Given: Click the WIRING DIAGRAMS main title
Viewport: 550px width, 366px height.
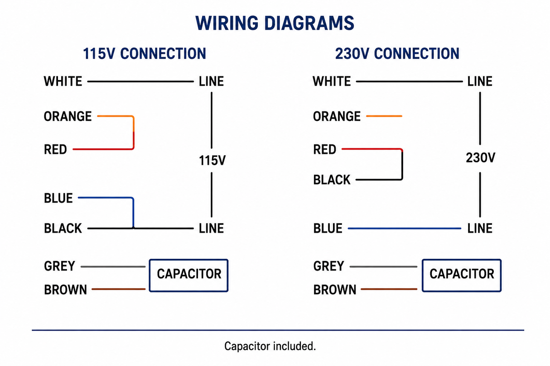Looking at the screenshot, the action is coord(275,23).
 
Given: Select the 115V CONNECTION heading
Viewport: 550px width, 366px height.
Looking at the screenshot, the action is coord(145,53).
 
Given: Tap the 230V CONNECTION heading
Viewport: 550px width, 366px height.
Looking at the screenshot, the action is coord(397,53).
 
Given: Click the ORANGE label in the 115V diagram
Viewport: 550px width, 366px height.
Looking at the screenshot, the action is coord(68,116).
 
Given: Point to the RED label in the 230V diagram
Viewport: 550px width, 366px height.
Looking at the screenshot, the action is coord(324,149).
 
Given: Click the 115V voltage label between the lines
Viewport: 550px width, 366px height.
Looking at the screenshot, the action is coord(212,161).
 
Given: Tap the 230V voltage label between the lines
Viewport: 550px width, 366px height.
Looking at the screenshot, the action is coord(481,157).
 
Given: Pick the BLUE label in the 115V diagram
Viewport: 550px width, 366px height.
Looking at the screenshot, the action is coord(58,198).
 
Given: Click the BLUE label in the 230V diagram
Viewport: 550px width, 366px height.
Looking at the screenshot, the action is coord(328,228).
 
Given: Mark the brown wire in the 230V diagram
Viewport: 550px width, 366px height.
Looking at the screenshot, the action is coord(389,289).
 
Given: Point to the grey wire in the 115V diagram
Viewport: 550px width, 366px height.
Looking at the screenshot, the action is coord(113,267).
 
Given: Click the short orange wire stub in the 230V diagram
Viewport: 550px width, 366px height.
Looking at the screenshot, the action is coord(384,116).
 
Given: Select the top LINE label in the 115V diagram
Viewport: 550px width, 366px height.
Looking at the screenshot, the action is coord(211,81).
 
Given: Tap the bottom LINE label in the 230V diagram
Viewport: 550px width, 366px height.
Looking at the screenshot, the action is coord(480,228).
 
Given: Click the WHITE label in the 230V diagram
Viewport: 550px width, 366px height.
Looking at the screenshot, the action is coord(332,81).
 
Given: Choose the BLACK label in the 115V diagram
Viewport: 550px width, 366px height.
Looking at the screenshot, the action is coord(63,228).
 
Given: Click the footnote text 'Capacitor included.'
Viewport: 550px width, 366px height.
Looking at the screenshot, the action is coord(270,347).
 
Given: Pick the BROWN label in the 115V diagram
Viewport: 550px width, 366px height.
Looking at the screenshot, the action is coord(65,290).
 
